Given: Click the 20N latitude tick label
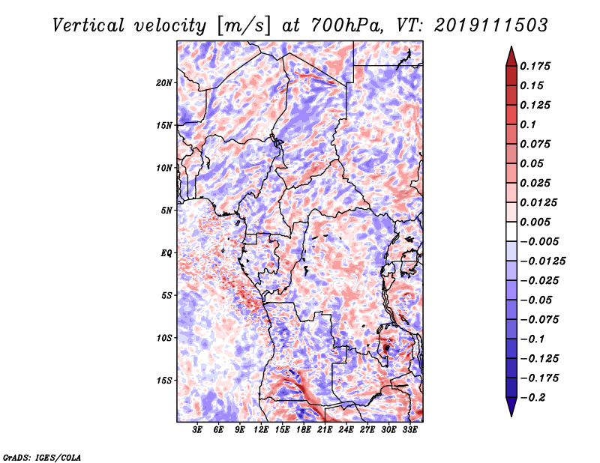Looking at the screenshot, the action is pyautogui.click(x=164, y=83).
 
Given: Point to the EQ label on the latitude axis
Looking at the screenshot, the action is pyautogui.click(x=166, y=253).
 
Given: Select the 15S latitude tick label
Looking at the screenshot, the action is pyautogui.click(x=164, y=381).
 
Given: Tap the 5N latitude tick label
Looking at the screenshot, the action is pyautogui.click(x=166, y=211).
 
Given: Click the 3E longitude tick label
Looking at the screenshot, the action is pyautogui.click(x=197, y=429).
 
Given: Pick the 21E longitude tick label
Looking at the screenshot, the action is pyautogui.click(x=325, y=429).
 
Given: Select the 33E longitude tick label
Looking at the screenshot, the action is pyautogui.click(x=409, y=429).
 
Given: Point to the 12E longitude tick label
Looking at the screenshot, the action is pyautogui.click(x=261, y=429).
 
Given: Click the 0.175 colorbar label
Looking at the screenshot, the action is pyautogui.click(x=535, y=66).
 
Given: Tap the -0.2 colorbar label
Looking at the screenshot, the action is pyautogui.click(x=532, y=398).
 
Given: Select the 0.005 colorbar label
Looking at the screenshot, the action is pyautogui.click(x=535, y=222).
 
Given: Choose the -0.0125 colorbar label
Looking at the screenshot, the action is pyautogui.click(x=542, y=261).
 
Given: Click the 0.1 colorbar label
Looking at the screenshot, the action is pyautogui.click(x=528, y=124).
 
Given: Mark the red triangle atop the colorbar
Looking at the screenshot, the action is pyautogui.click(x=511, y=56).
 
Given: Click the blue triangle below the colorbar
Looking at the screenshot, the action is pyautogui.click(x=511, y=407).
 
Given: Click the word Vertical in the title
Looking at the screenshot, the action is pyautogui.click(x=88, y=25).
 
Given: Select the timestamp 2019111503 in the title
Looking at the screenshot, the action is pyautogui.click(x=490, y=25).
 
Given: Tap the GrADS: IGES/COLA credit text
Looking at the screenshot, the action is pyautogui.click(x=42, y=457).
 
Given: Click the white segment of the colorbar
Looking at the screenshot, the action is pyautogui.click(x=511, y=231).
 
